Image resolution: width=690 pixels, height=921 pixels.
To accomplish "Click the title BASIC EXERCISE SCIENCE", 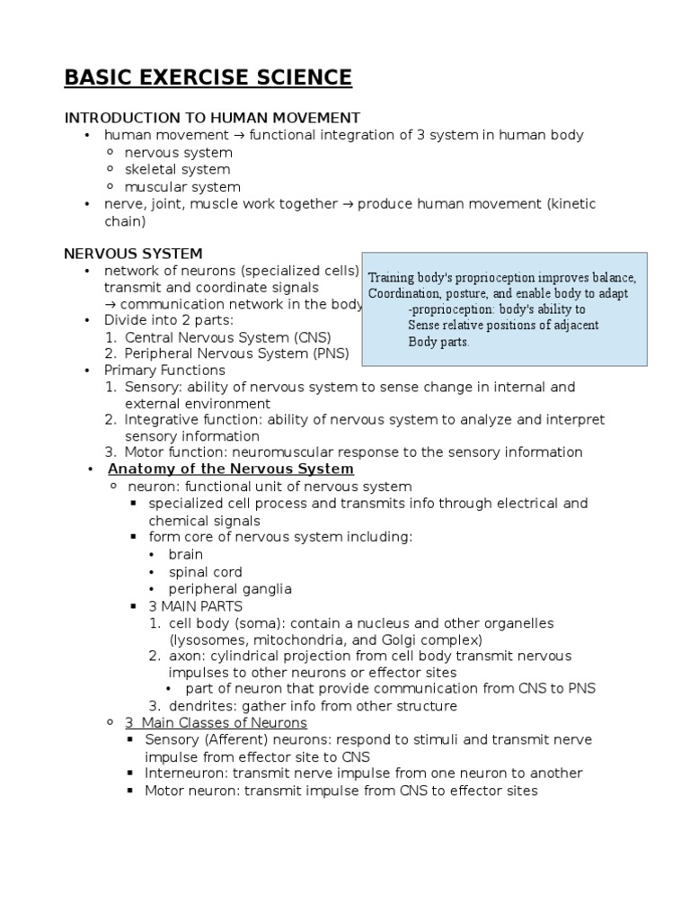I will coord(208,78).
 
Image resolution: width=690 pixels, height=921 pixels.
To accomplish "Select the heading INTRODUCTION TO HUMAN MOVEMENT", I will coord(211,118).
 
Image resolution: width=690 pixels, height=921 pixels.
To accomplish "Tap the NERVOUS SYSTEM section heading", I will coord(133,254).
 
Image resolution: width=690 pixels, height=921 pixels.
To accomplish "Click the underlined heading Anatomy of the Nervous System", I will coord(230,469).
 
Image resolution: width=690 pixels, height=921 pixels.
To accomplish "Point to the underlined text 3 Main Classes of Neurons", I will coord(216,722).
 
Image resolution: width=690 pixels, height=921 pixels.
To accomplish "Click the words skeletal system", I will coord(177,169).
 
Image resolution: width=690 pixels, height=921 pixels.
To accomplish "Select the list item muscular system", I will coord(182,187).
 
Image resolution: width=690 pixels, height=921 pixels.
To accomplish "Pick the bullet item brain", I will coord(186,554).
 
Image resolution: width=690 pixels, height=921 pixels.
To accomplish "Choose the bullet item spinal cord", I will coord(205,572).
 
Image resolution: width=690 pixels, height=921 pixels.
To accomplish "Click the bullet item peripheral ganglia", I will coord(230,589).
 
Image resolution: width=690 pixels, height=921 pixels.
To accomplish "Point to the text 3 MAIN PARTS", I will coord(195,606).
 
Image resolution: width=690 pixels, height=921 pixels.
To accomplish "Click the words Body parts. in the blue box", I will coord(438,342).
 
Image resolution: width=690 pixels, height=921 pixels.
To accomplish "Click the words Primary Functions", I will coord(164,370).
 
